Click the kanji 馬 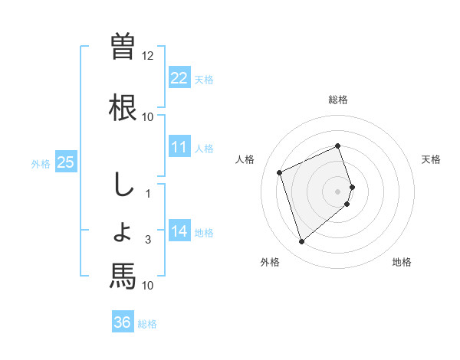pyautogui.click(x=123, y=275)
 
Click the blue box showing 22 pyautogui.click(x=179, y=77)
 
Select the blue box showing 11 pyautogui.click(x=179, y=147)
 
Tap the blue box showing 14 pyautogui.click(x=179, y=231)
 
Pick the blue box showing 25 pyautogui.click(x=65, y=162)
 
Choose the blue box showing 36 pyautogui.click(x=123, y=322)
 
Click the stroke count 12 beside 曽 pyautogui.click(x=148, y=56)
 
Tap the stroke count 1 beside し pyautogui.click(x=149, y=194)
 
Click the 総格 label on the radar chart pyautogui.click(x=338, y=100)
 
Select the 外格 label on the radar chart pyautogui.click(x=270, y=262)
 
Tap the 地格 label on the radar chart pyautogui.click(x=402, y=262)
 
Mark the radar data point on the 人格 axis pyautogui.click(x=281, y=172)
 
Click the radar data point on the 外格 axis pyautogui.click(x=301, y=242)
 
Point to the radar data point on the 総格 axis pyautogui.click(x=338, y=146)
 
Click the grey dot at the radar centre pyautogui.click(x=338, y=191)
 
